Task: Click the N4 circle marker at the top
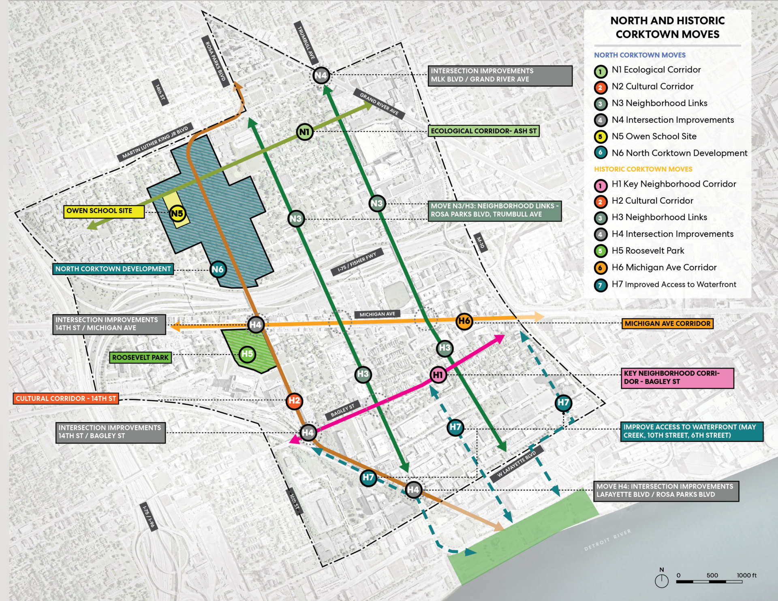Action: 321,75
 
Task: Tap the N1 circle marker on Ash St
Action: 304,132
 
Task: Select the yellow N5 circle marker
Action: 177,213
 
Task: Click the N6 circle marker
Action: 218,269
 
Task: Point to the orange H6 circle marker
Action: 464,322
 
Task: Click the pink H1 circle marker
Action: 438,375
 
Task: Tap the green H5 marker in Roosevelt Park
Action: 247,354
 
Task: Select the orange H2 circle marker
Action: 294,401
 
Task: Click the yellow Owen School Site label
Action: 104,211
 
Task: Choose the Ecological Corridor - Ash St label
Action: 483,131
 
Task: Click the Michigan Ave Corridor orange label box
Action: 667,324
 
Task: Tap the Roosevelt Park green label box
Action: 140,358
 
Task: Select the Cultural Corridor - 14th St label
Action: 66,399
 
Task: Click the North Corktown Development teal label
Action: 113,269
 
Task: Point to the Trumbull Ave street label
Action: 306,43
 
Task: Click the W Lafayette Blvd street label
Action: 516,464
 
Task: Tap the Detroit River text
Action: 607,540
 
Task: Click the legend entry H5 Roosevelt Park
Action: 648,251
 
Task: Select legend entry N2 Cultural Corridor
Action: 652,86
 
